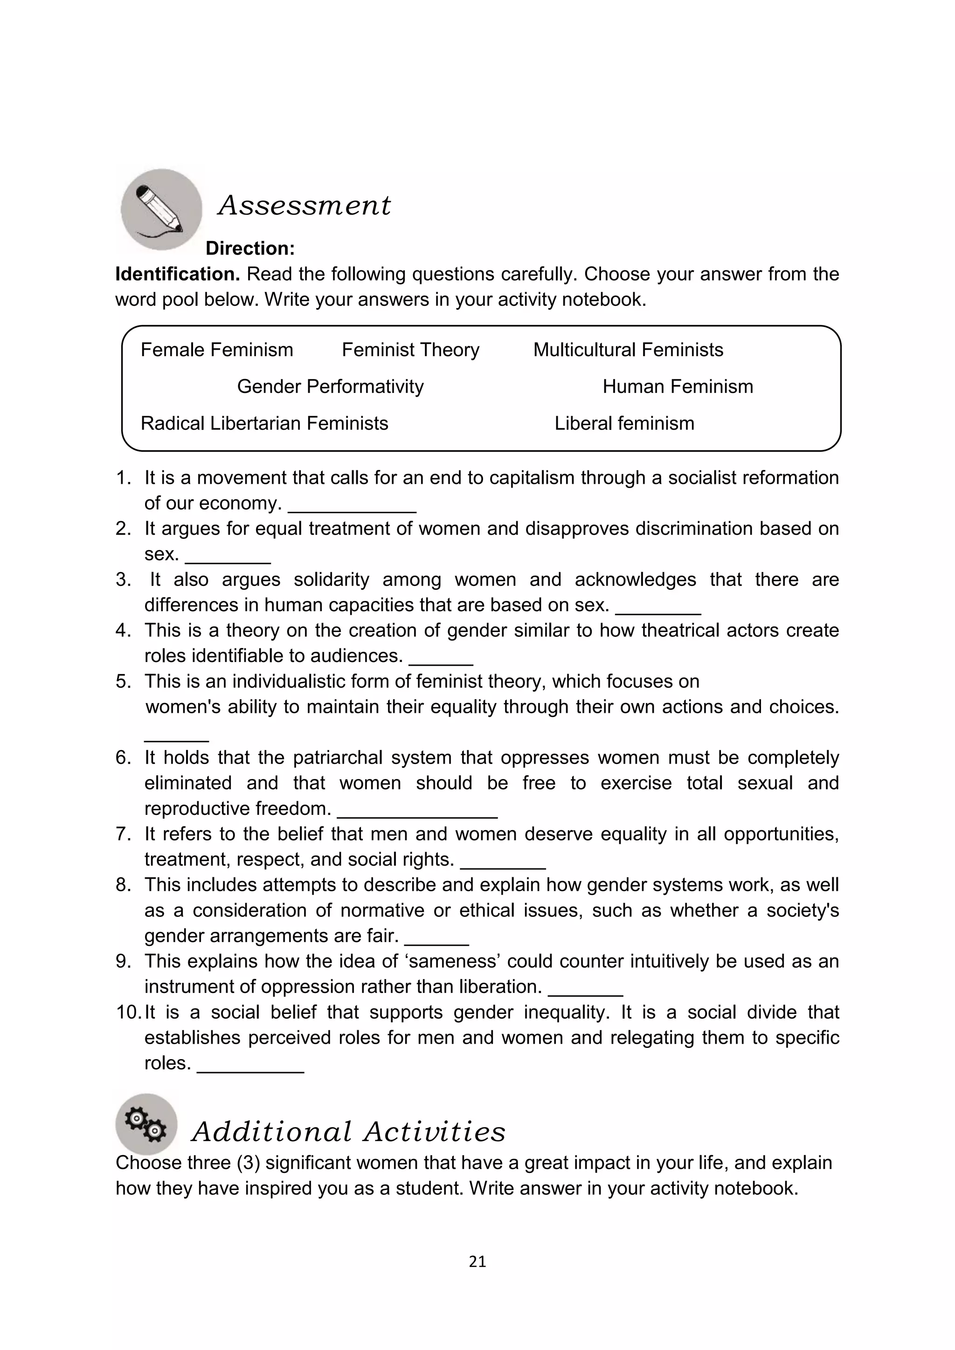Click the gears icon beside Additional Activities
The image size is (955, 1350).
(146, 1124)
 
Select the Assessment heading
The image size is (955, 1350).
(304, 206)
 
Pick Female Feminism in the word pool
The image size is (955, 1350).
(216, 350)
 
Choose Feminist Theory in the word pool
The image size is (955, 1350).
(410, 350)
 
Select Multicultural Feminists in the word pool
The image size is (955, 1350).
(628, 350)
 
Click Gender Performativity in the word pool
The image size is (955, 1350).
(330, 386)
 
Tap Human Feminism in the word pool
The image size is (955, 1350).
(678, 386)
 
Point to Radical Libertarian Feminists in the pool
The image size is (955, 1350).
(264, 423)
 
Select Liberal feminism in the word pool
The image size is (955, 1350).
(624, 423)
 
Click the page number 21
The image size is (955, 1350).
(477, 1261)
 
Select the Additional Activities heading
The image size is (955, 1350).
(349, 1132)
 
